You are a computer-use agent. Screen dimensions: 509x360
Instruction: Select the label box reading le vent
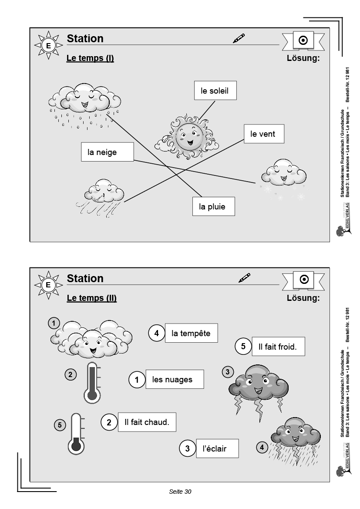[x=262, y=134]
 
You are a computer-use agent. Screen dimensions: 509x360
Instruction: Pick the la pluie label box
[x=213, y=206]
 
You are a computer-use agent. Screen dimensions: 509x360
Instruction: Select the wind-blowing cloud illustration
[x=103, y=196]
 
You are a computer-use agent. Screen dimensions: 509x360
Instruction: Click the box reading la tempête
[x=191, y=334]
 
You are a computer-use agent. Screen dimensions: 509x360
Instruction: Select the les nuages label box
[x=175, y=380]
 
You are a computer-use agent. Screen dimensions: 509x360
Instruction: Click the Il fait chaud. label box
[x=146, y=422]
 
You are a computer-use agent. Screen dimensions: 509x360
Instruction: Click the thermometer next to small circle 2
[x=91, y=381]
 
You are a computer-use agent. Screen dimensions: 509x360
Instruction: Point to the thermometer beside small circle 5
[x=77, y=434]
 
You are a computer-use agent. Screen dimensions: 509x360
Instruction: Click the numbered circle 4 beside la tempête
[x=157, y=334]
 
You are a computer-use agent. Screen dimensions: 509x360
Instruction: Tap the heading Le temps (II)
[x=91, y=298]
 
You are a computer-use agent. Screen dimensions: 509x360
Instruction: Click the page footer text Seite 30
[x=180, y=492]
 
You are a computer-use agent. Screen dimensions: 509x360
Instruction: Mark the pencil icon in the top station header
[x=239, y=38]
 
